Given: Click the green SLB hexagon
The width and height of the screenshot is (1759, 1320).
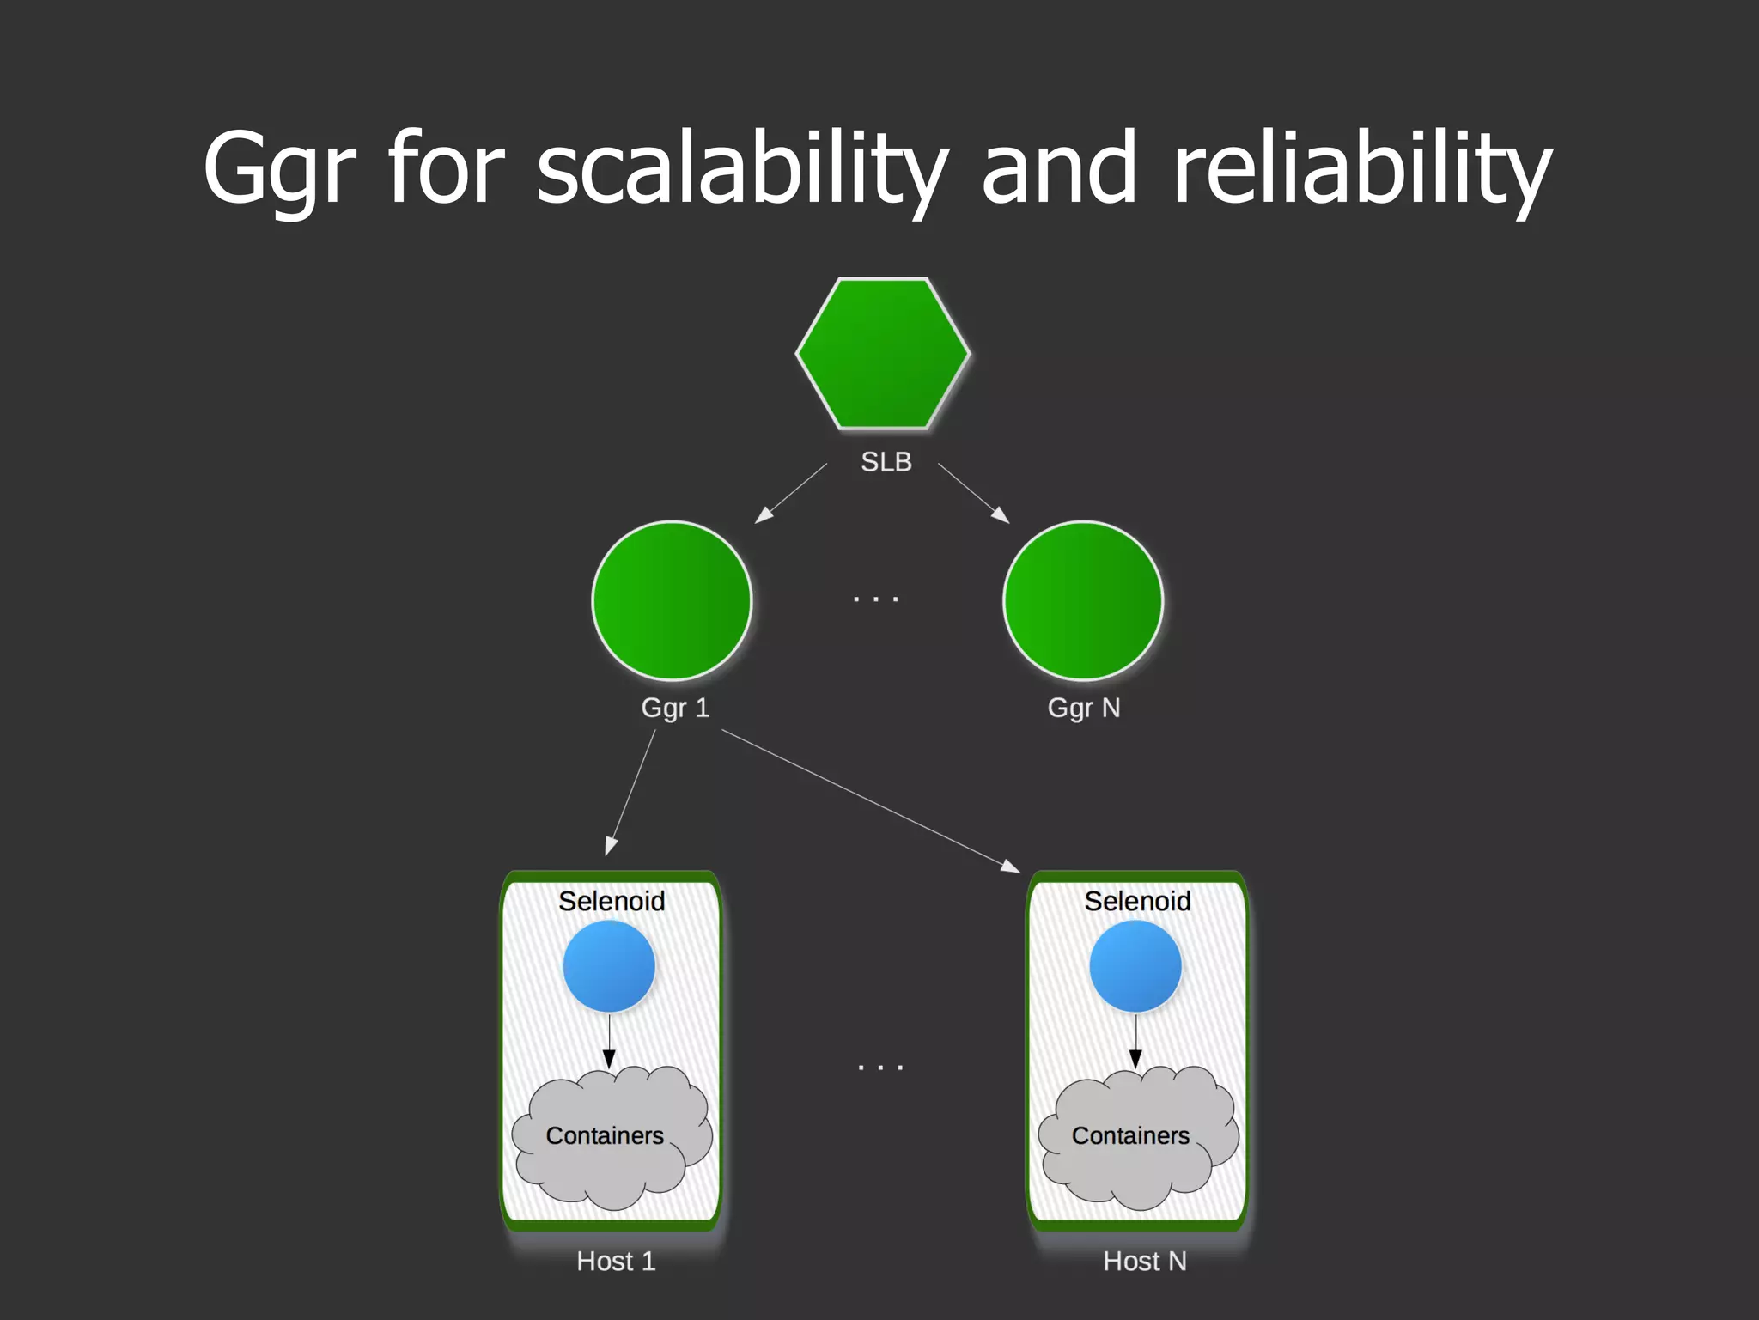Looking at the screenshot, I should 883,353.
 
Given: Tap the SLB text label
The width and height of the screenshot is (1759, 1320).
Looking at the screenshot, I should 886,462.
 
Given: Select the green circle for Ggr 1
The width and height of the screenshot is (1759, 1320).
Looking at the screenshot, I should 672,600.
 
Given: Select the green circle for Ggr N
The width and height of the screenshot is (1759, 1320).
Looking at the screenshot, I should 1083,600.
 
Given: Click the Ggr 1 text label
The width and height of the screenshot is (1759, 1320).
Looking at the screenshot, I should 675,708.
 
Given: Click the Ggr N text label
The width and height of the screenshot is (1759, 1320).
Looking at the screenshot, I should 1084,708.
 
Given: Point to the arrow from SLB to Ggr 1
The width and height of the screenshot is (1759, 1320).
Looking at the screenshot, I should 791,493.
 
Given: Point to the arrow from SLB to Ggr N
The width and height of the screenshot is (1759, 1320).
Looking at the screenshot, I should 973,493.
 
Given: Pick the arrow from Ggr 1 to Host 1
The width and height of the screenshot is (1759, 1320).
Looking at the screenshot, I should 631,792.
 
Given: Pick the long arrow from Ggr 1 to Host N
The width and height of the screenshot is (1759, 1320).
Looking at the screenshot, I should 869,800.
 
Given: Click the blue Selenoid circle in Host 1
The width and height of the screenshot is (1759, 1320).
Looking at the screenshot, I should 609,966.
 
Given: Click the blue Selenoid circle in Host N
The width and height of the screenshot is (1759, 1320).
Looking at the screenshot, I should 1135,966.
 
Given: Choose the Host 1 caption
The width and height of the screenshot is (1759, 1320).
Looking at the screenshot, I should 616,1261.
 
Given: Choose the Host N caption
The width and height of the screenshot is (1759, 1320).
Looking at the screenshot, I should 1145,1261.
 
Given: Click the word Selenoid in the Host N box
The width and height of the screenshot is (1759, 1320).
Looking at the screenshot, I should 1137,901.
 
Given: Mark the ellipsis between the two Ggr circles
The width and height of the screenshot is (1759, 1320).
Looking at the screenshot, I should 876,599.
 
